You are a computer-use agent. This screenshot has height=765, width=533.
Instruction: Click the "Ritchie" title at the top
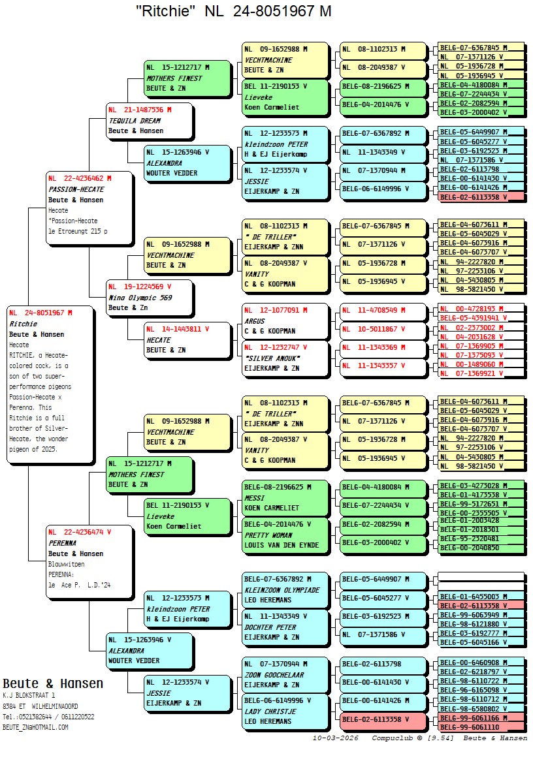pyautogui.click(x=233, y=11)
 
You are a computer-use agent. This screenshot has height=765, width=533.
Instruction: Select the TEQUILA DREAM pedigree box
pyautogui.click(x=150, y=121)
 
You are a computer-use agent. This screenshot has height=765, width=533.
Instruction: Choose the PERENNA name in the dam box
pyautogui.click(x=63, y=543)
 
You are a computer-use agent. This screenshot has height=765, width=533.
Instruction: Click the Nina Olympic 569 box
pyautogui.click(x=150, y=298)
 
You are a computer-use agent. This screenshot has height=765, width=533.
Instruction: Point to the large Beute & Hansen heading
pyautogui.click(x=53, y=683)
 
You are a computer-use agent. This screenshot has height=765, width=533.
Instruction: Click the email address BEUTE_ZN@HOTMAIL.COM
pyautogui.click(x=35, y=727)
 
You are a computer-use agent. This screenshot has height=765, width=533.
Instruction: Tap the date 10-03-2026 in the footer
pyautogui.click(x=335, y=738)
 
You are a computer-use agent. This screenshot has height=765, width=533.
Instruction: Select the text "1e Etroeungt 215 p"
pyautogui.click(x=78, y=231)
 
